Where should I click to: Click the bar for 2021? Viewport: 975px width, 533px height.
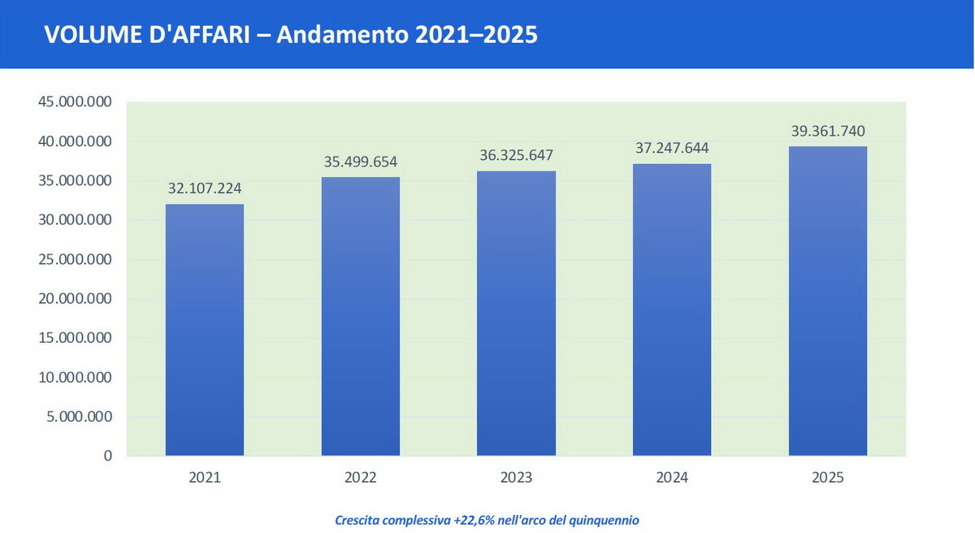coord(205,329)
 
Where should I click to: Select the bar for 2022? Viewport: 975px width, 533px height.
coord(360,316)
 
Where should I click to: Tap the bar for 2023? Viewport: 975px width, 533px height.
coord(516,313)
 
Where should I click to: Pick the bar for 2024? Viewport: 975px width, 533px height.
coord(672,310)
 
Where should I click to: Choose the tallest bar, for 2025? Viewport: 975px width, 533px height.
coord(828,301)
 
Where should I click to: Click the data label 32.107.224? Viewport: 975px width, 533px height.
coord(205,188)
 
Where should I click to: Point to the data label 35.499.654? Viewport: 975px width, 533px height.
coord(360,162)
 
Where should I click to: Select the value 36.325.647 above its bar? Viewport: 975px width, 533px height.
coord(516,155)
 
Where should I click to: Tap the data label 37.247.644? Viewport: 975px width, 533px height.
coord(672,148)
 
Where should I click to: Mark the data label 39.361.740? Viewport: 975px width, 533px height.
coord(828,131)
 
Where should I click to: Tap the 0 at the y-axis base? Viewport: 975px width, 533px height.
coord(108,457)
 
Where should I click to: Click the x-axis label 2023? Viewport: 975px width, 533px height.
coord(516,479)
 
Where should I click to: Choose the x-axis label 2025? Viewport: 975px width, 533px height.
coord(828,479)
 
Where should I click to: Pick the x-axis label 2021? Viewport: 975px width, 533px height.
coord(205,479)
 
